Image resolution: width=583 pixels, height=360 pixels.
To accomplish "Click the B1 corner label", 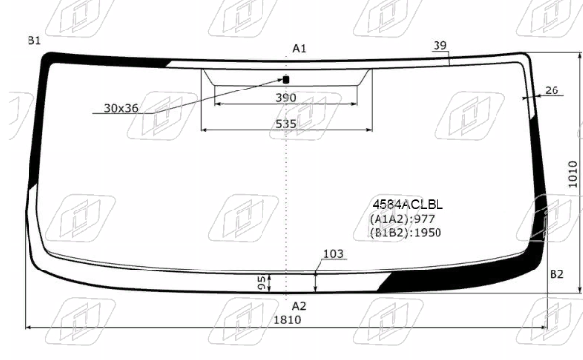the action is coord(34,40).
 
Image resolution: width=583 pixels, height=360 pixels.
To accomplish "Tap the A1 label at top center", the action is coord(299,48).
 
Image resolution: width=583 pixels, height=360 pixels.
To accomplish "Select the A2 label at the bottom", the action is coord(299,306).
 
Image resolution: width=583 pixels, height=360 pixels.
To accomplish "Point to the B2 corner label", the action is coord(556,274).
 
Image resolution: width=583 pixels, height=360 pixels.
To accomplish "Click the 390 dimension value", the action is coord(286,98).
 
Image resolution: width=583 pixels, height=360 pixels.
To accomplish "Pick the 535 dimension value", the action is coord(286,124).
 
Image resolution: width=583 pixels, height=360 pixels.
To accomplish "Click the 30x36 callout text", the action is coord(121,108).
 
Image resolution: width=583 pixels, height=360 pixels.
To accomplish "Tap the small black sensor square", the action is coord(286,80).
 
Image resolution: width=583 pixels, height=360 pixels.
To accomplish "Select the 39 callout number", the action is coord(439,45).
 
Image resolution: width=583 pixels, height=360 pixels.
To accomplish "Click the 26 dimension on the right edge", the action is coord(552,90).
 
